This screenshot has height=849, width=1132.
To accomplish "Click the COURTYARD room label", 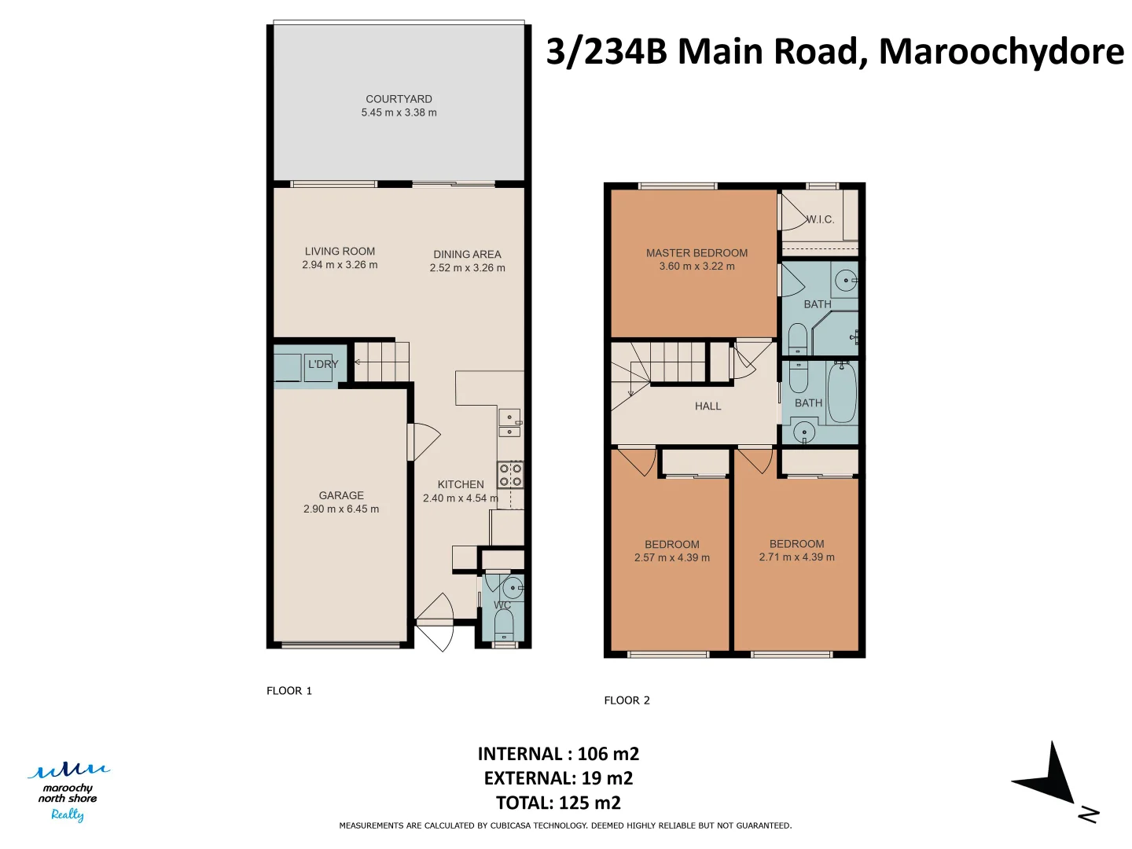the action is (399, 99).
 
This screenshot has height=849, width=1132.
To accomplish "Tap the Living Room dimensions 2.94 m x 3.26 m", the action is (340, 265).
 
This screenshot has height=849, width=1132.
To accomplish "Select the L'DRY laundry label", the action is (323, 364).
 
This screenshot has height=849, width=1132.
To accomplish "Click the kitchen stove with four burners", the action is (510, 475).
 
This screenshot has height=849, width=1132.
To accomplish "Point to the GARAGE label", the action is (341, 495).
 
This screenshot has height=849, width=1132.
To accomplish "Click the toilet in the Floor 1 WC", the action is (504, 625).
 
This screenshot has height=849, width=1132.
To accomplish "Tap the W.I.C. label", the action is (820, 219).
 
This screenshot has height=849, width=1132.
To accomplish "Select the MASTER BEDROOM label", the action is (696, 253).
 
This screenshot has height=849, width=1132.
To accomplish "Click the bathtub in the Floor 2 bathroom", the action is (842, 391).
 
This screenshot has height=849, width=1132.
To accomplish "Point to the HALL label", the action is (707, 406).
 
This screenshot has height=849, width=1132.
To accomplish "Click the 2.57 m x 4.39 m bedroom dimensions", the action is (672, 558).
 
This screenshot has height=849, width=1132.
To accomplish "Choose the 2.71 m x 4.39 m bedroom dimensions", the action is (797, 557).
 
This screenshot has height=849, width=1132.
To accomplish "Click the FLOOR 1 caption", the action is (289, 691).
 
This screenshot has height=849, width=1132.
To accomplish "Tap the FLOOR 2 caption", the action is (627, 700).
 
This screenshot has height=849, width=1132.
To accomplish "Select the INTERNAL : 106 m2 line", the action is (558, 754).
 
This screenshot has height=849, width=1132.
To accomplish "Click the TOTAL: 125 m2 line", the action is (558, 803).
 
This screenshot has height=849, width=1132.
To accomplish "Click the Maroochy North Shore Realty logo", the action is (68, 792).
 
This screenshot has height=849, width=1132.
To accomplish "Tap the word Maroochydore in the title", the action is (1001, 52).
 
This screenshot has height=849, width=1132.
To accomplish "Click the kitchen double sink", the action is (509, 423).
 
